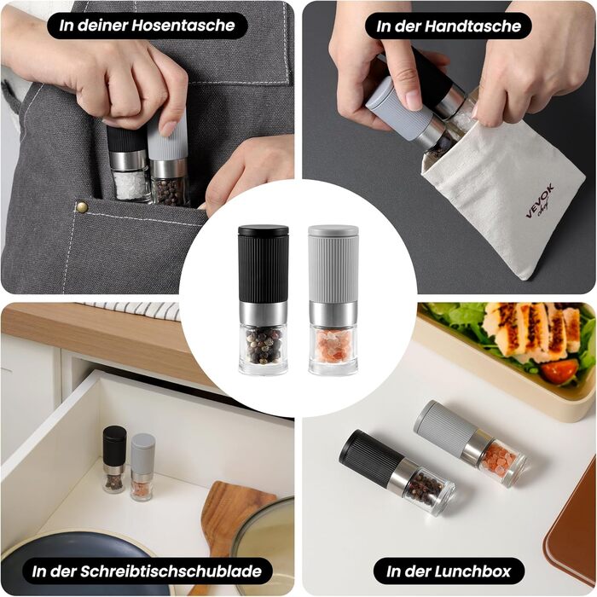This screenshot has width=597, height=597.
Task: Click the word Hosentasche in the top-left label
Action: click(183, 26)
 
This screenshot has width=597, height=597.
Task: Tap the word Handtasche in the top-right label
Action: click(472, 26)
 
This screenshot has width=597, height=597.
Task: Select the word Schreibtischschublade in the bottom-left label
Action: click(171, 571)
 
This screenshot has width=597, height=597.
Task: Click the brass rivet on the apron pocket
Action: click(82, 206)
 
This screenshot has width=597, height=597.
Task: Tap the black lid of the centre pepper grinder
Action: click(263, 230)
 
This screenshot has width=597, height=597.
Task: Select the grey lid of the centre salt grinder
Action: click(333, 230)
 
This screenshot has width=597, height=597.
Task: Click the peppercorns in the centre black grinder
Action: click(264, 345)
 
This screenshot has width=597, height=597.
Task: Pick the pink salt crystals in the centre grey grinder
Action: click(333, 345)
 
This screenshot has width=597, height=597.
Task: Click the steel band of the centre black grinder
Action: click(263, 314)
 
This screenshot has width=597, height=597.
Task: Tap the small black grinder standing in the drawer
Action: click(114, 459)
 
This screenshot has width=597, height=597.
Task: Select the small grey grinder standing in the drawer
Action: click(142, 467)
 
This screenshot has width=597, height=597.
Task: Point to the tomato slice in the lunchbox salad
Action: click(559, 370)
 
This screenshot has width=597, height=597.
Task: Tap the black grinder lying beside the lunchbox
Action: click(397, 472)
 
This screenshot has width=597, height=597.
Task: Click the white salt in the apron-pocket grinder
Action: click(130, 185)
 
